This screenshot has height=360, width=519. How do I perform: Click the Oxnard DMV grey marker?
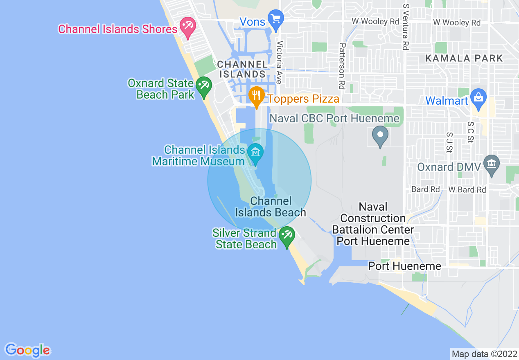point(492,164)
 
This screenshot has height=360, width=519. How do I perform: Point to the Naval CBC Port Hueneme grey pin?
point(380,135)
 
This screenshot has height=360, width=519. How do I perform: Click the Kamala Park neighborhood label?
point(464,58)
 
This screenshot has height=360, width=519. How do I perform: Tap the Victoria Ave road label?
point(280,62)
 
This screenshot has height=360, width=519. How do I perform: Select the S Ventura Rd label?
point(406,27)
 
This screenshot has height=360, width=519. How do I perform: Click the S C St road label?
point(471,133)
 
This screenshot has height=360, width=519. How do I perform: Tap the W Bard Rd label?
point(467,190)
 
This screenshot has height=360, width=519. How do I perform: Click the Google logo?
point(27,350)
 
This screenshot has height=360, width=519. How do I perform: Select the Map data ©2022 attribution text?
point(484,354)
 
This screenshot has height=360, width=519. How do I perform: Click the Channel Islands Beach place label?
point(271,207)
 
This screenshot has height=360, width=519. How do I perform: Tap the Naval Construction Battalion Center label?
point(373,224)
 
